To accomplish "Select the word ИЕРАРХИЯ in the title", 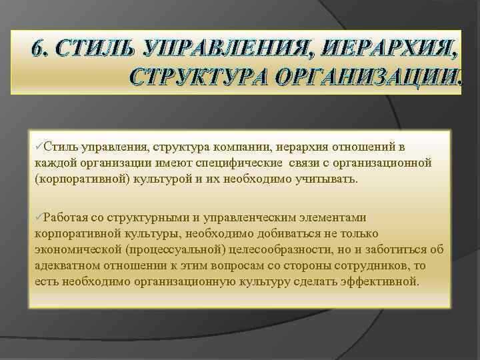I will coord(393,49).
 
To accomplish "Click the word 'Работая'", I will coord(67,217).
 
